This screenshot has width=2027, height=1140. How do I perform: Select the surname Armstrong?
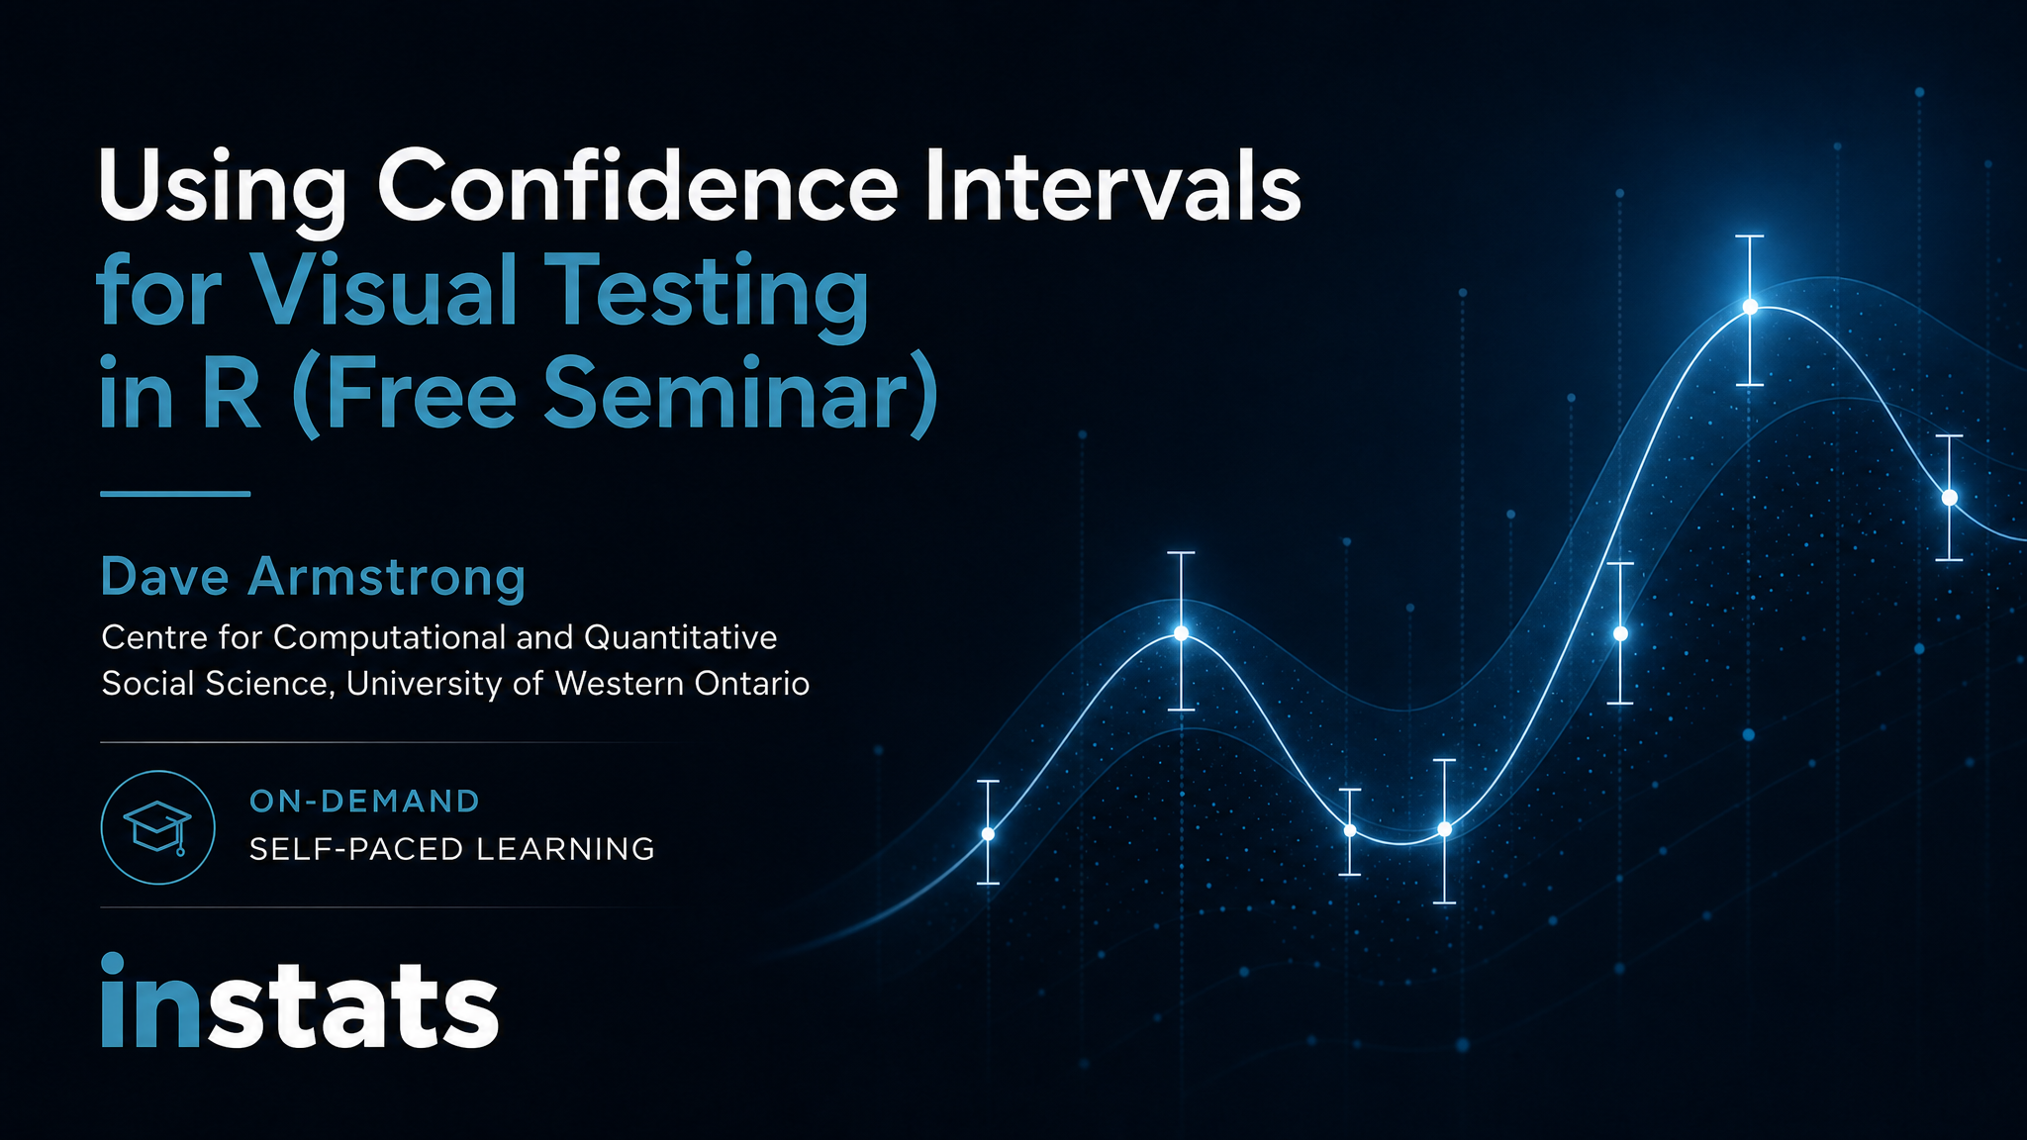(x=386, y=579)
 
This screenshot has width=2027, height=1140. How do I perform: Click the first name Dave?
(x=164, y=577)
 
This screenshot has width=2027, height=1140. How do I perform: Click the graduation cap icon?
(x=157, y=828)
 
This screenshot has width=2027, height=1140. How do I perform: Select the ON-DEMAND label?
(x=365, y=801)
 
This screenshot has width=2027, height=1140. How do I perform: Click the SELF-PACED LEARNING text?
(x=452, y=849)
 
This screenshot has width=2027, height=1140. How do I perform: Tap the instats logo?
(x=299, y=1002)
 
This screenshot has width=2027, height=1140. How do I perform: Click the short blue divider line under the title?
(x=175, y=493)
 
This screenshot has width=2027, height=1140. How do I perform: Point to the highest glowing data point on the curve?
(x=1750, y=307)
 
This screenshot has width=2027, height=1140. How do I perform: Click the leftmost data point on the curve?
(x=988, y=834)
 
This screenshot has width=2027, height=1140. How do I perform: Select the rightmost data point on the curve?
(x=1950, y=498)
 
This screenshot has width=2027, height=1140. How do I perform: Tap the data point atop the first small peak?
(x=1181, y=632)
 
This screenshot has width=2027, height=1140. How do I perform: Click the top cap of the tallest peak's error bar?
(x=1750, y=237)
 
